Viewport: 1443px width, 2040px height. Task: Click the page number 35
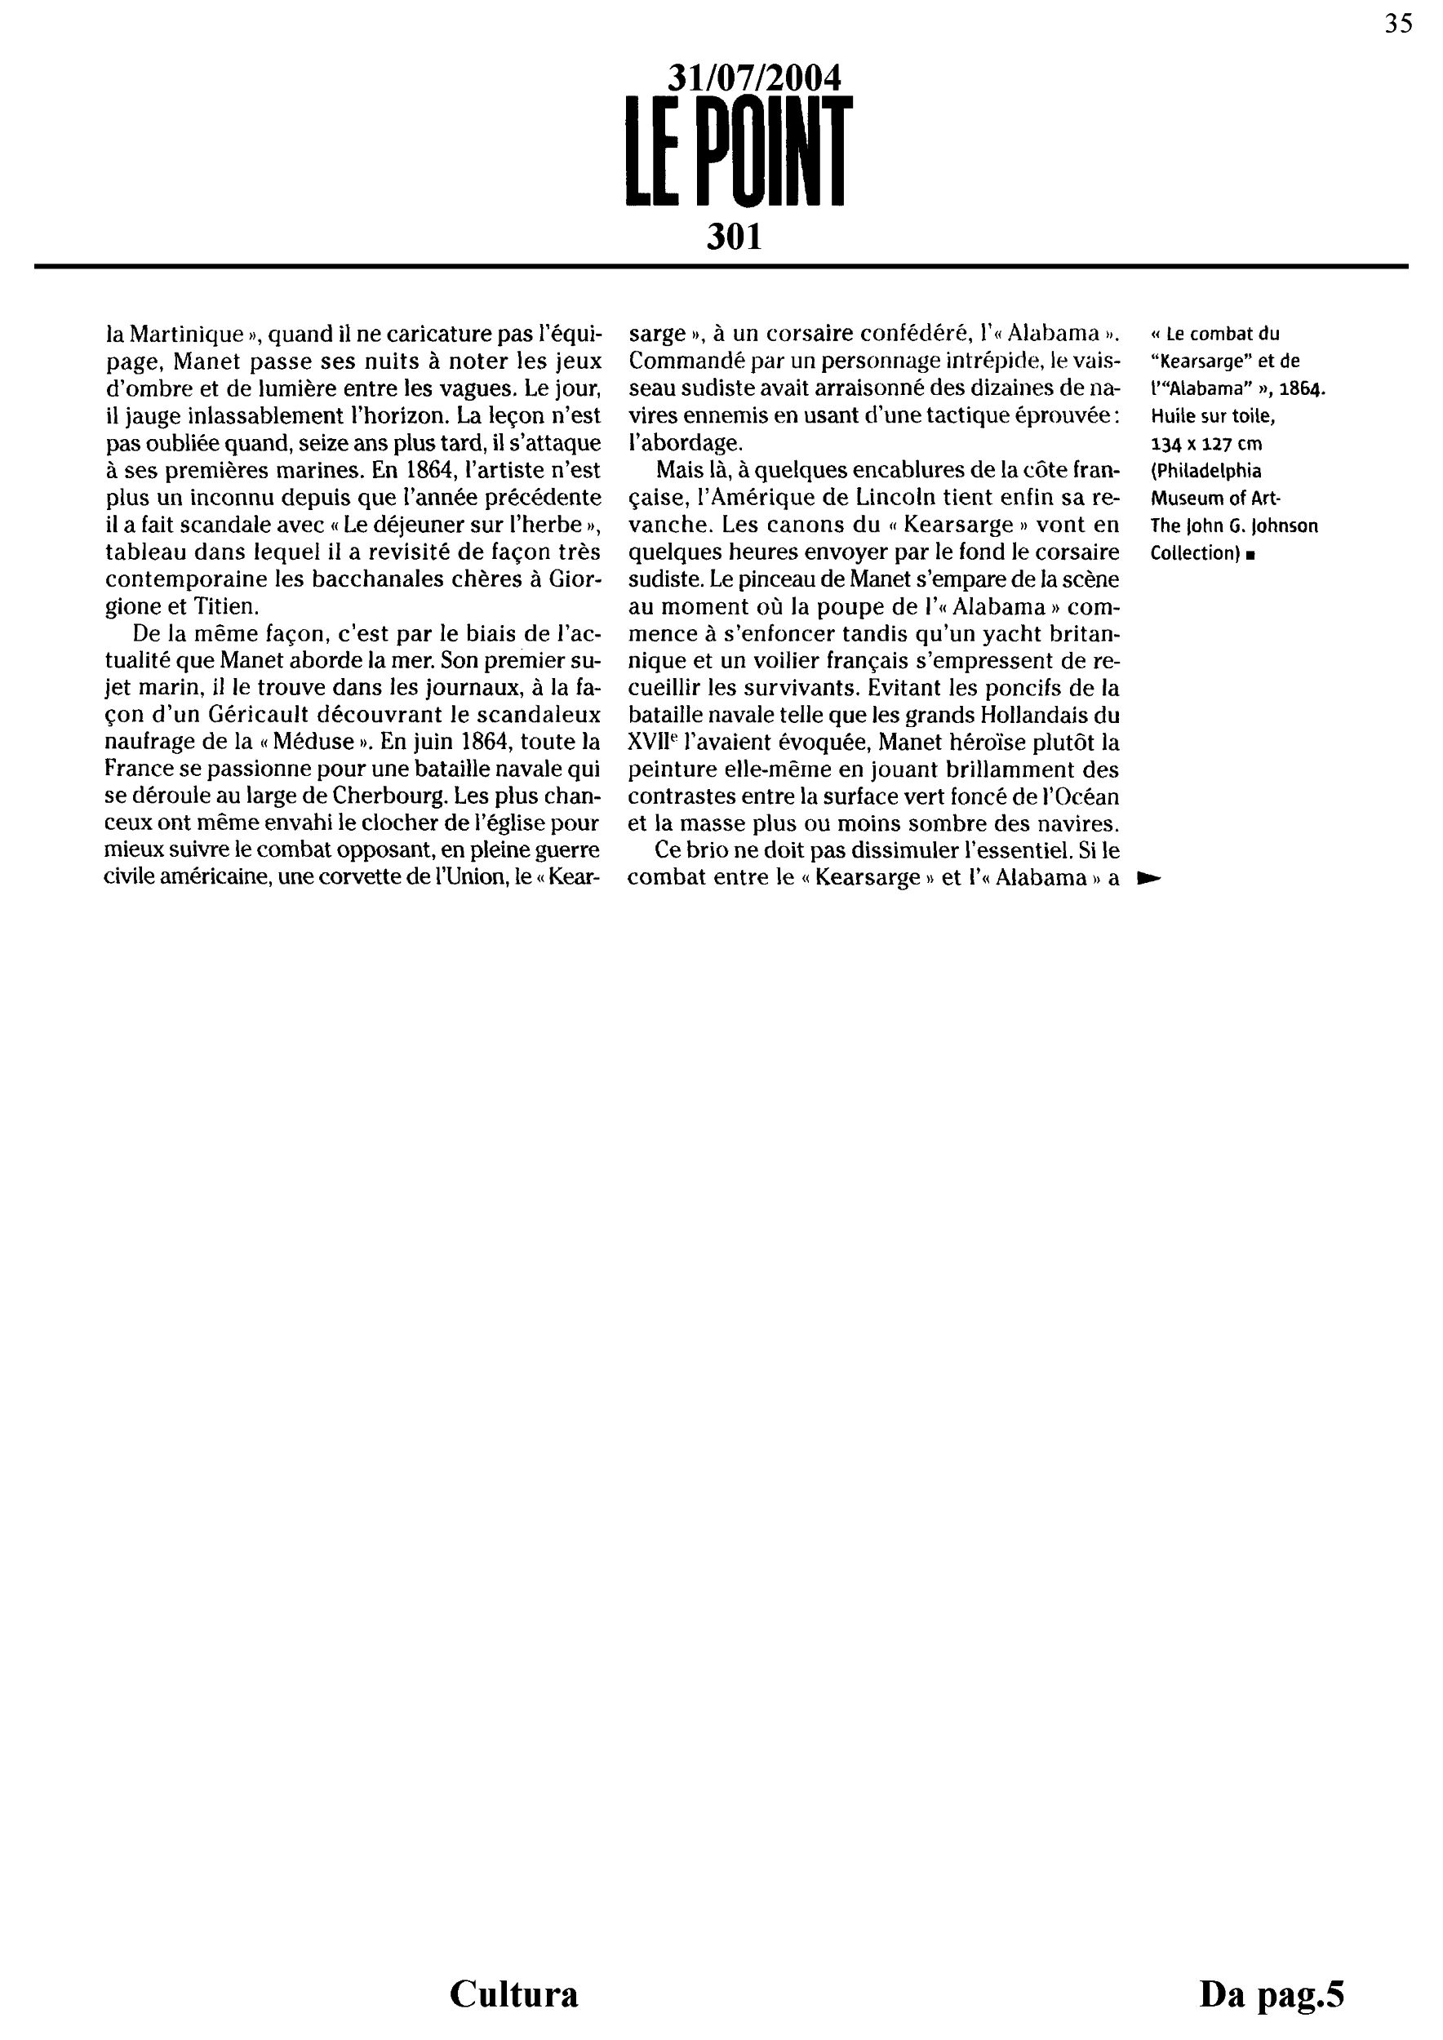pos(1397,24)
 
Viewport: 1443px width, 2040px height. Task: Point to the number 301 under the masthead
pos(734,237)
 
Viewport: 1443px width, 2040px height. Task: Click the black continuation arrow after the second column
pos(1149,879)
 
